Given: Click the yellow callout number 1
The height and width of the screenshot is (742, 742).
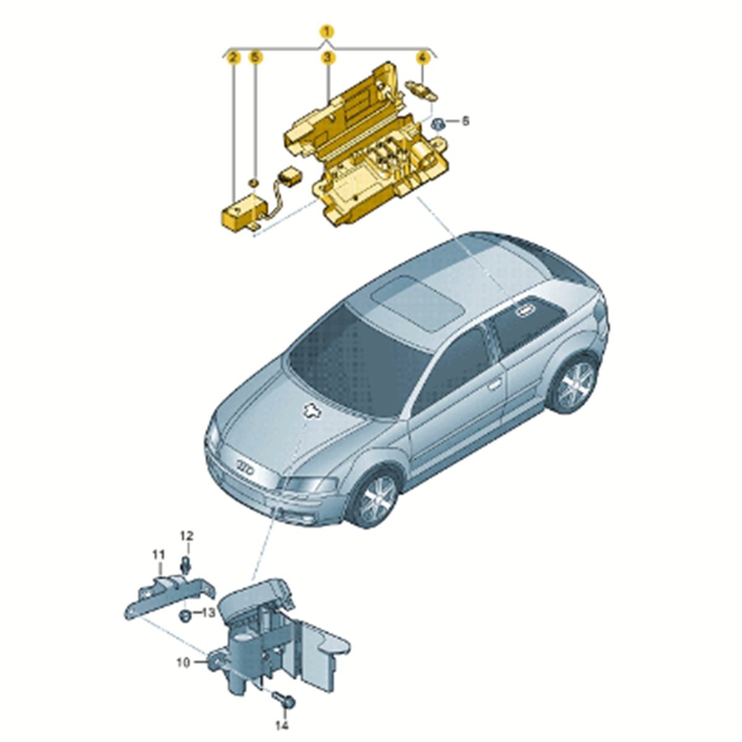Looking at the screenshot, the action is pyautogui.click(x=327, y=32).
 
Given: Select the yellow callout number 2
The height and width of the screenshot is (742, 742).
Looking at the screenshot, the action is pyautogui.click(x=233, y=58).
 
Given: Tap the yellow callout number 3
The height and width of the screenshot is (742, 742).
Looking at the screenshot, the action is pyautogui.click(x=327, y=58).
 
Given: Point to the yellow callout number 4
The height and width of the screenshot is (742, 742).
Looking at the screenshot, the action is pyautogui.click(x=422, y=58).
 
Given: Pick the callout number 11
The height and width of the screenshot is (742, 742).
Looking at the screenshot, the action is pyautogui.click(x=159, y=555).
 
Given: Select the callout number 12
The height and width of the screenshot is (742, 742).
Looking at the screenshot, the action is pyautogui.click(x=187, y=535).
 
